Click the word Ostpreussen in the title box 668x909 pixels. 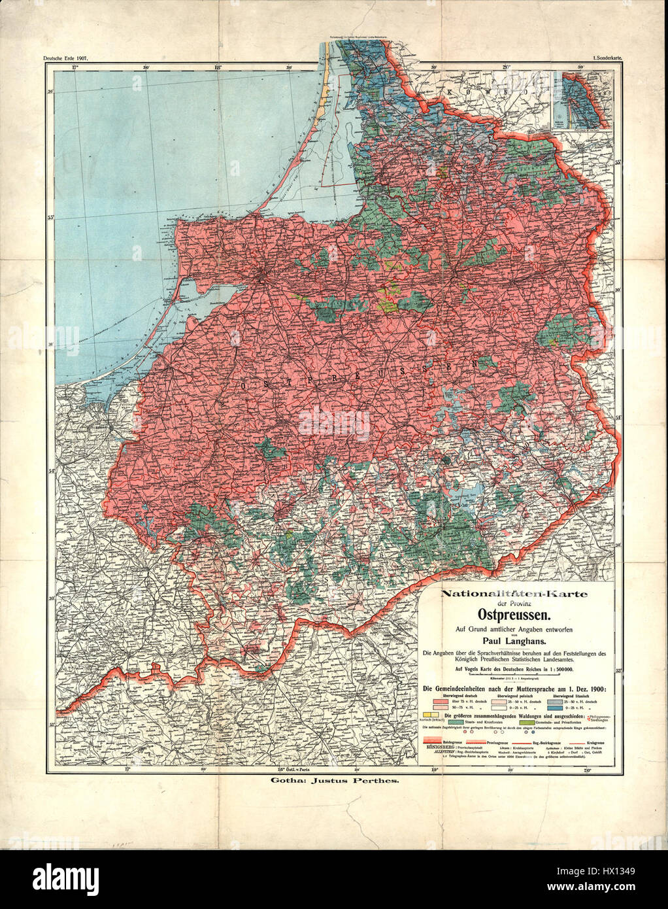[516, 615]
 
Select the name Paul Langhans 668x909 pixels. [515, 640]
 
